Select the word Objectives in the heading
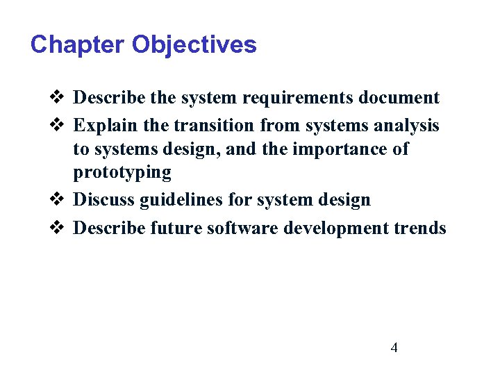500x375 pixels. coord(194,45)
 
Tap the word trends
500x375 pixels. coord(424,227)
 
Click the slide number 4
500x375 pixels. coord(394,348)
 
